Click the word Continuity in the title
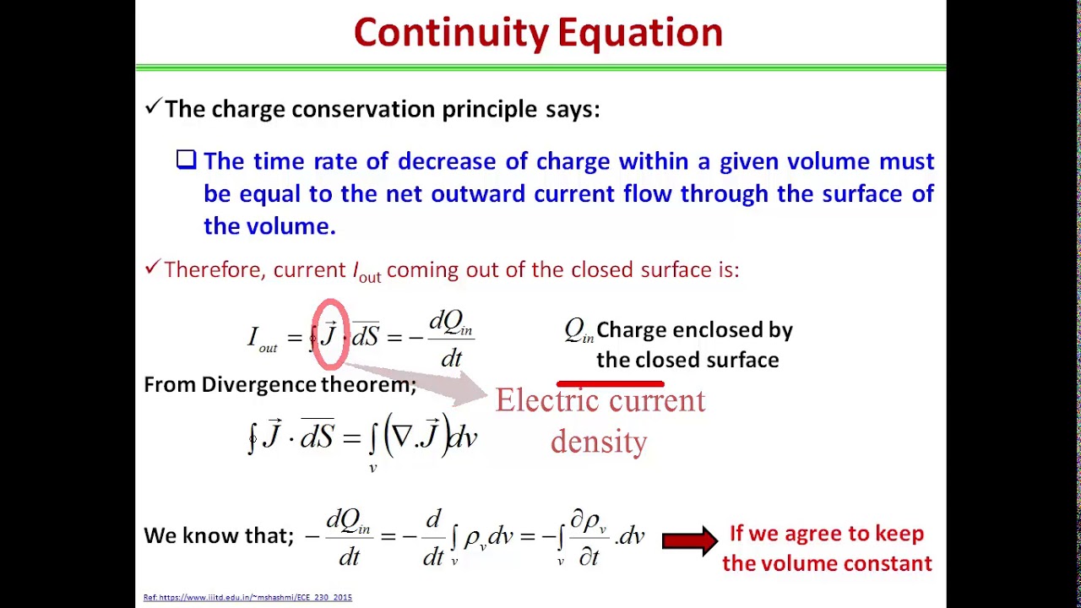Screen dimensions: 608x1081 [x=451, y=33]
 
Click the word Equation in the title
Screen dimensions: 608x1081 [x=640, y=33]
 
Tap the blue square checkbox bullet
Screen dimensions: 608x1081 [x=187, y=160]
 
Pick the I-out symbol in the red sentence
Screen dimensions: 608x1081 [x=366, y=271]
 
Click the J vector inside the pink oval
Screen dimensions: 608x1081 [x=329, y=334]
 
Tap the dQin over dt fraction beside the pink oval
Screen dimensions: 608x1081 [x=451, y=338]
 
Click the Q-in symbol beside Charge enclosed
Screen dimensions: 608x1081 [x=579, y=330]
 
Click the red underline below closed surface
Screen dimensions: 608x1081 [x=610, y=384]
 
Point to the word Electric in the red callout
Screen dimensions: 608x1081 [x=548, y=400]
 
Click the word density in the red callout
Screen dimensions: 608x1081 [x=599, y=441]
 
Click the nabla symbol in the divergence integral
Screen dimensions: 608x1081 [x=402, y=436]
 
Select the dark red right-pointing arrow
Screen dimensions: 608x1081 [x=689, y=540]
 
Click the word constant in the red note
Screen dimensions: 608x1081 [x=886, y=563]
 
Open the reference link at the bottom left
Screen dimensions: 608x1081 [x=247, y=598]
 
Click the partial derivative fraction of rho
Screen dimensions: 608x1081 [x=589, y=537]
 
